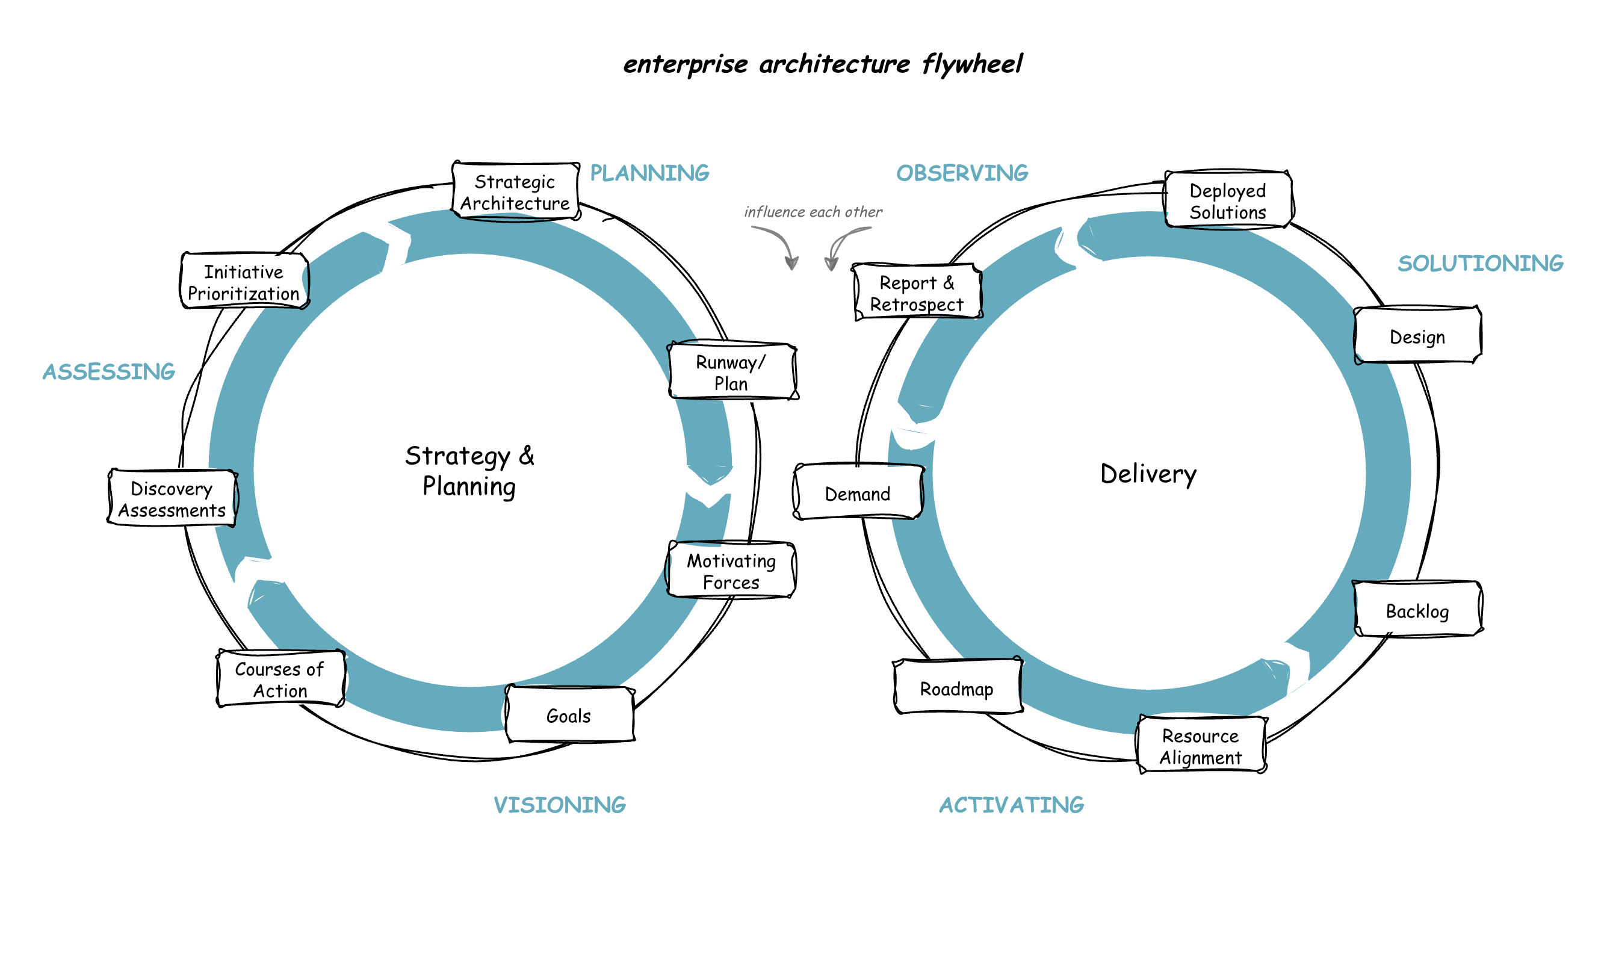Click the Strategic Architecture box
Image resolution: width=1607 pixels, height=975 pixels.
515,192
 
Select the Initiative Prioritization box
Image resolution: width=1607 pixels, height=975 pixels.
244,282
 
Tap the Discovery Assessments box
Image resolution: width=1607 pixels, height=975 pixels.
172,499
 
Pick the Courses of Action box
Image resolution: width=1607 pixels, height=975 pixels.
280,679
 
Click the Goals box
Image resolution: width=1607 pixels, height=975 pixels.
569,716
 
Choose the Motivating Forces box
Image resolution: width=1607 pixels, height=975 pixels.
731,571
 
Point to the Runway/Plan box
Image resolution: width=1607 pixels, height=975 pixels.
732,372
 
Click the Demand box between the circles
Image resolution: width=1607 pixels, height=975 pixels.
858,494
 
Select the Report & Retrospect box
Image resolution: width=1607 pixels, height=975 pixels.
917,293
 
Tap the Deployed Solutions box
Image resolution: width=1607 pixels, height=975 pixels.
1227,201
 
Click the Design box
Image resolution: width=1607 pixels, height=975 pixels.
1417,336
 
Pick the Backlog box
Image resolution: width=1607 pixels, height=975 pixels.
1417,610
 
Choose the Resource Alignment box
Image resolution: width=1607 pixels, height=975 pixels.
1201,746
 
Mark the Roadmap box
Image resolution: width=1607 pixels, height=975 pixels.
957,688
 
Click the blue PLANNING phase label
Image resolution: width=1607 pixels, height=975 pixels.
649,173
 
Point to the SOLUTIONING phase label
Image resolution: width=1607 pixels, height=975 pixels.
1481,263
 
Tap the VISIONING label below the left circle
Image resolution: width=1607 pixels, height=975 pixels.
560,804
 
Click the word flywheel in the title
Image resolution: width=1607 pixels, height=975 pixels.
972,64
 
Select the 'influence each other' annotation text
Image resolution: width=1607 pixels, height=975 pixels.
813,212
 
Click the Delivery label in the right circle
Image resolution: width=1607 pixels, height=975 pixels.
1148,474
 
